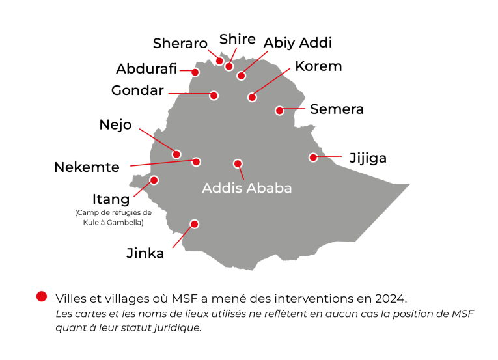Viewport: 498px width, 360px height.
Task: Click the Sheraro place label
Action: point(180,44)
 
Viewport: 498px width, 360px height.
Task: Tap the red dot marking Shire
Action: point(228,66)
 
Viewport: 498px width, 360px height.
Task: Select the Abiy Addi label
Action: point(297,43)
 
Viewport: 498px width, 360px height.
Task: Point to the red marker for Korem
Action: point(252,98)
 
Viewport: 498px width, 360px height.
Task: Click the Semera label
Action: point(337,109)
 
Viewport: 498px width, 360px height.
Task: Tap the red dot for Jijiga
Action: point(313,158)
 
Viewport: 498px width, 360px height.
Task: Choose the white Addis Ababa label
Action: point(247,188)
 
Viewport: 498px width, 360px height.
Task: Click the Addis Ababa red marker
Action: point(238,164)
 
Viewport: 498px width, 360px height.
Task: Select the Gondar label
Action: point(137,90)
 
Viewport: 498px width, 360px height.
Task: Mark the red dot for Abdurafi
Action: point(195,72)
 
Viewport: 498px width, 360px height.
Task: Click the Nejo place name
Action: point(115,124)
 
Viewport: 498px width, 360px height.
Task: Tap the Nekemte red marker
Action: point(196,162)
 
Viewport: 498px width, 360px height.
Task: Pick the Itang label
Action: point(111,198)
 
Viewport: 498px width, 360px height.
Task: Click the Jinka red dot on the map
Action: point(193,225)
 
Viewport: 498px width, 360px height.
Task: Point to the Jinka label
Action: point(145,253)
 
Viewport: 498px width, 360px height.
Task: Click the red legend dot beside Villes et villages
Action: point(42,296)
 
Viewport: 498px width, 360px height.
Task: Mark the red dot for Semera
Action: point(280,111)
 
